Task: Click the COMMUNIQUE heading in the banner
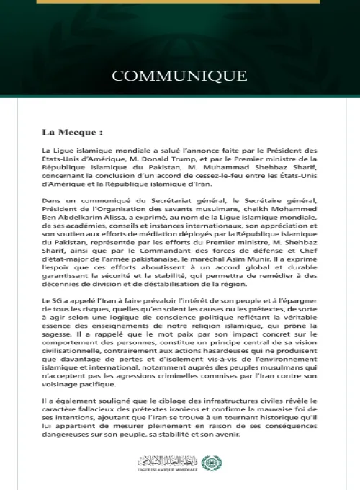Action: pyautogui.click(x=179, y=76)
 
